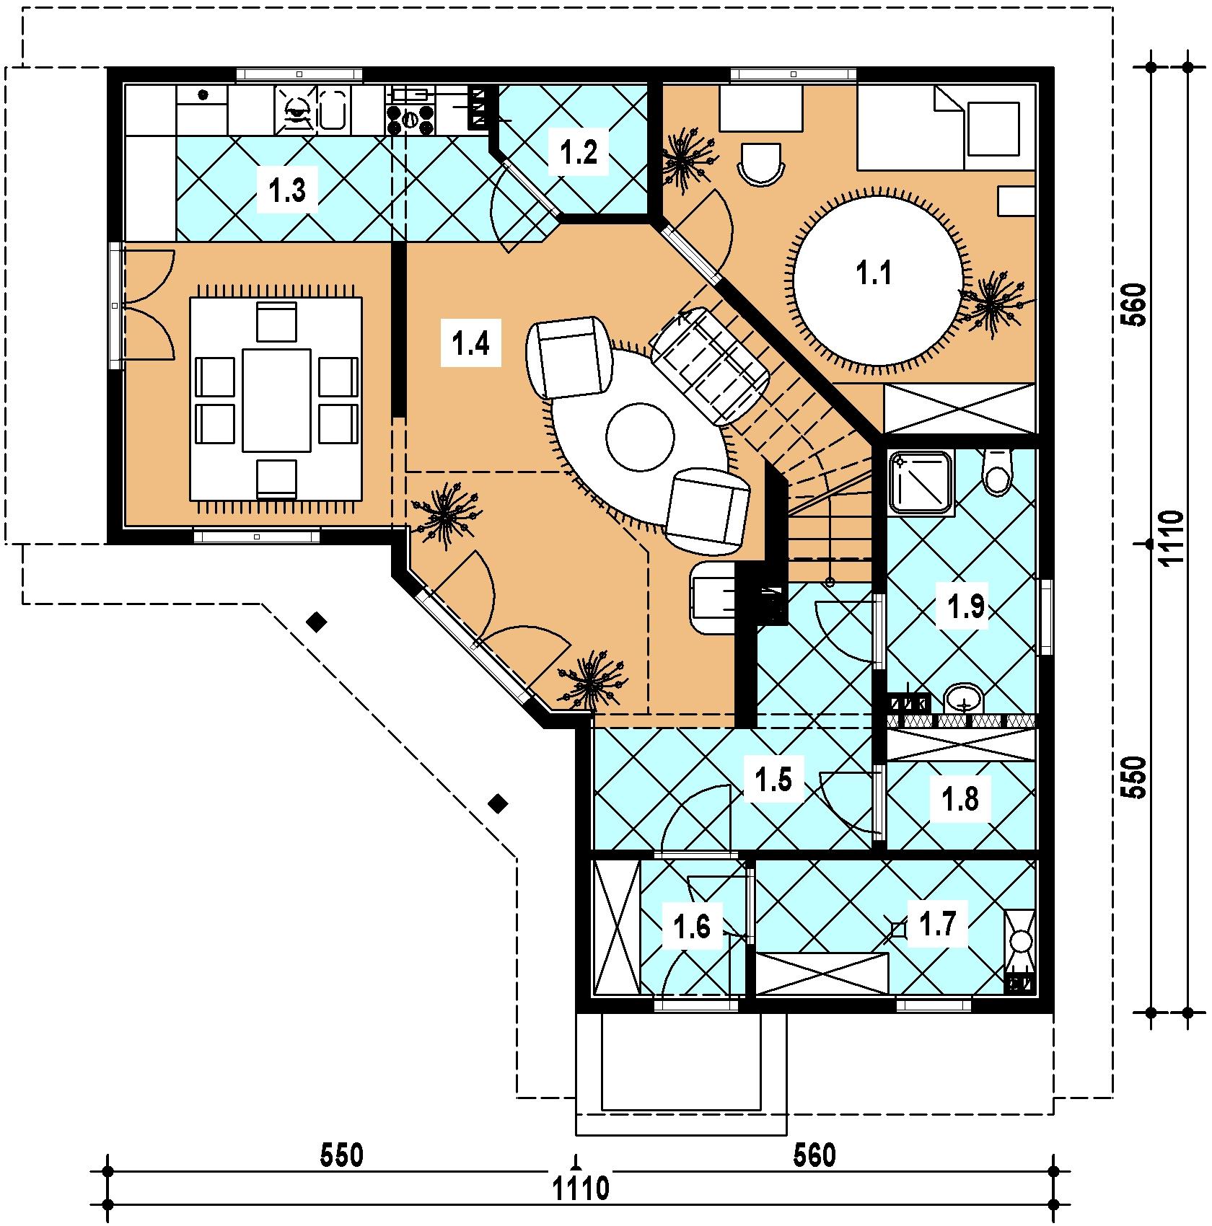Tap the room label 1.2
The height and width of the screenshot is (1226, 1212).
tap(579, 152)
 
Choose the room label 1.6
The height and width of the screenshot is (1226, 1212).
tap(692, 927)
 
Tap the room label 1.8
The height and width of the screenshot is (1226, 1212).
tap(962, 799)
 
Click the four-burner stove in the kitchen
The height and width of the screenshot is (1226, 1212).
tap(411, 120)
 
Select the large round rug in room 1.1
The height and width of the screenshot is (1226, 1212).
tap(879, 275)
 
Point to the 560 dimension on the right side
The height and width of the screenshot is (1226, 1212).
tap(1135, 305)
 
